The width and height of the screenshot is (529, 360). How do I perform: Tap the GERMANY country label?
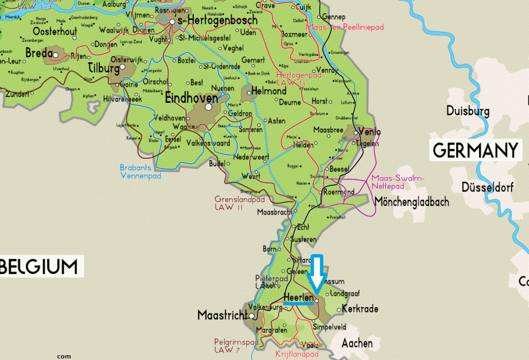tap(476, 151)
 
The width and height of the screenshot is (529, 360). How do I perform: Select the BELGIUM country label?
tap(39, 266)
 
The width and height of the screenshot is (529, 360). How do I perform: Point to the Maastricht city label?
tap(222, 315)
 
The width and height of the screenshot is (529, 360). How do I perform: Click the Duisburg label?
tap(468, 111)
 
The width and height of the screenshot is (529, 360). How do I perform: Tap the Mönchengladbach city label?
tap(411, 202)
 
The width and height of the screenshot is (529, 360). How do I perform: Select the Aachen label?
tap(356, 342)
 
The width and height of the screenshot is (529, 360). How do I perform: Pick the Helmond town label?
tap(269, 91)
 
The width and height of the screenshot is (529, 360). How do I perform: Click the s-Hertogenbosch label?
tap(217, 21)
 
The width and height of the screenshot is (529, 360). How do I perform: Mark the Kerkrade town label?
tap(360, 309)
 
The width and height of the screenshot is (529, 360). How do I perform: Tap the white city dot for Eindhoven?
tap(209, 108)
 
